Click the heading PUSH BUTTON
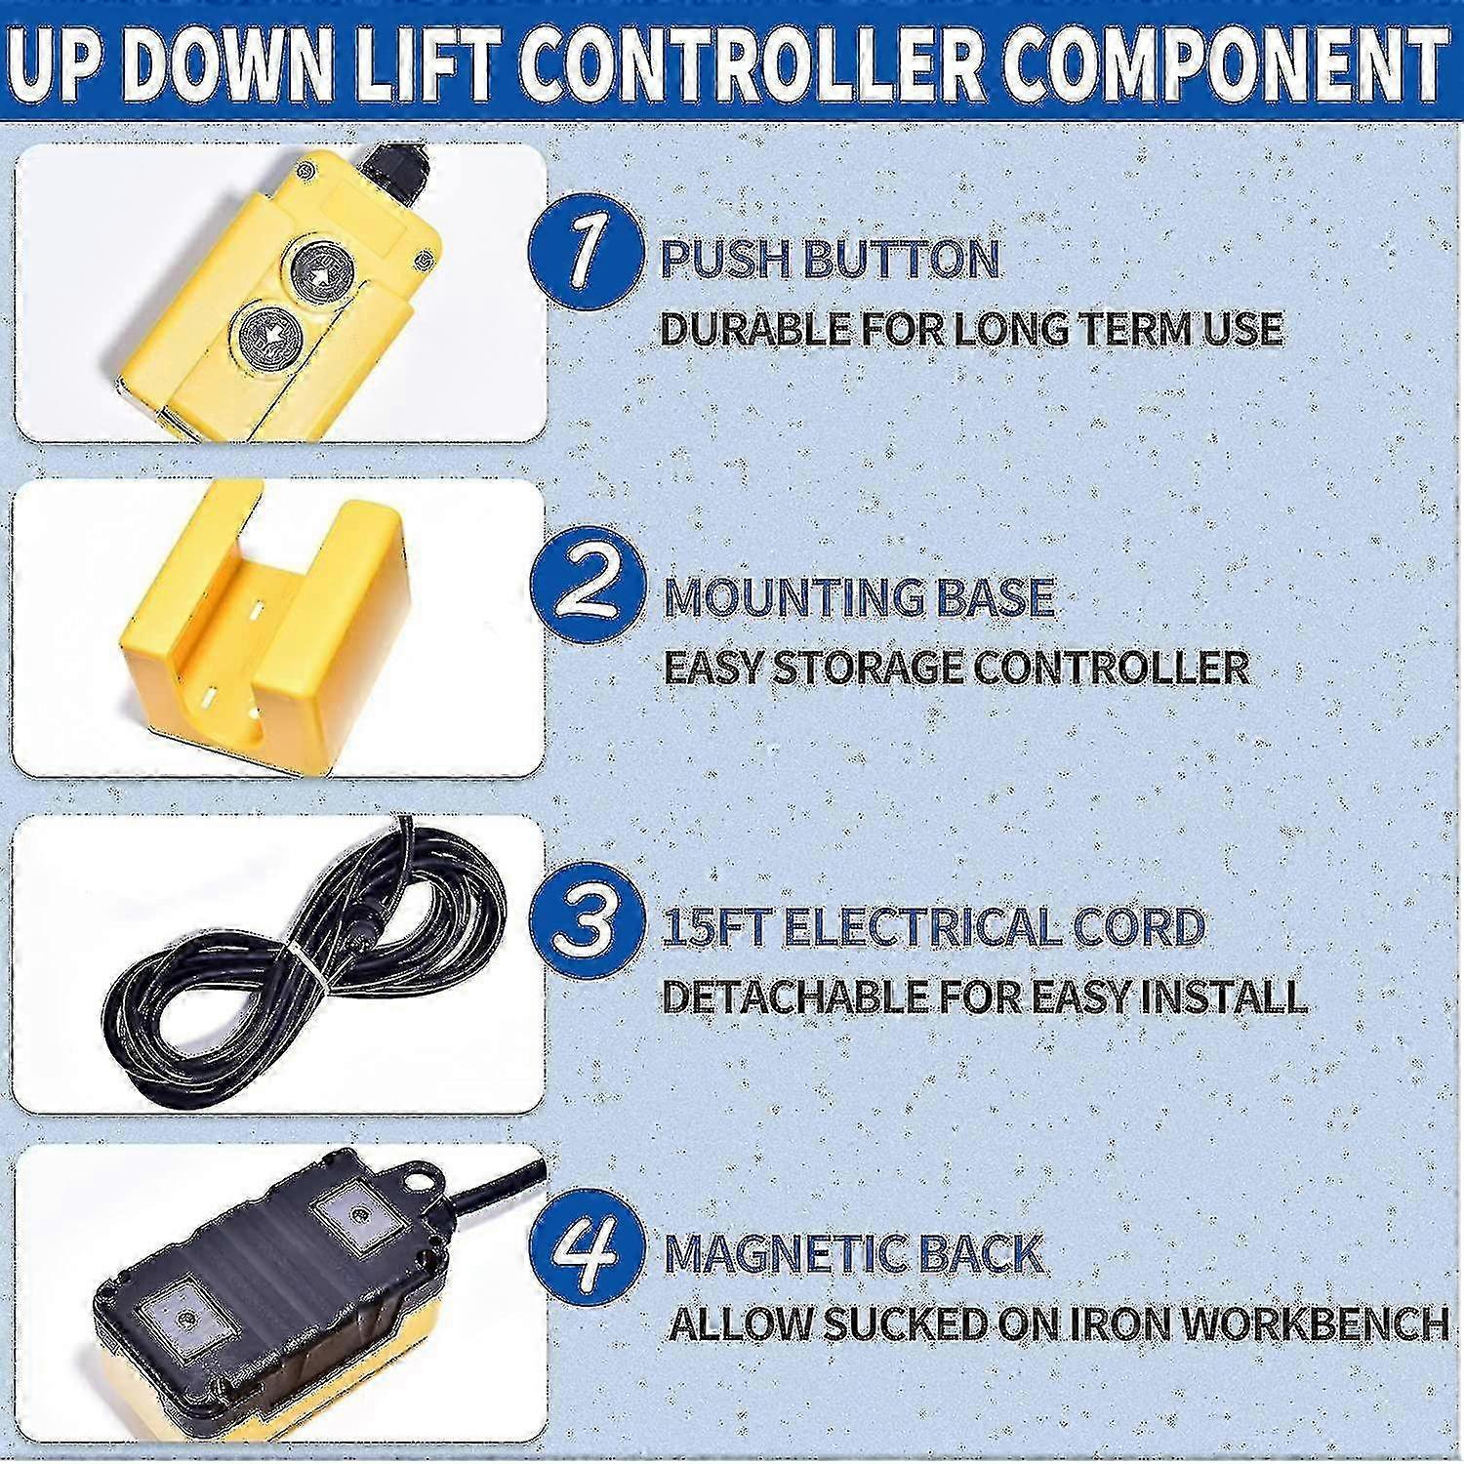pyautogui.click(x=831, y=260)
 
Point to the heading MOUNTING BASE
pyautogui.click(x=859, y=597)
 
